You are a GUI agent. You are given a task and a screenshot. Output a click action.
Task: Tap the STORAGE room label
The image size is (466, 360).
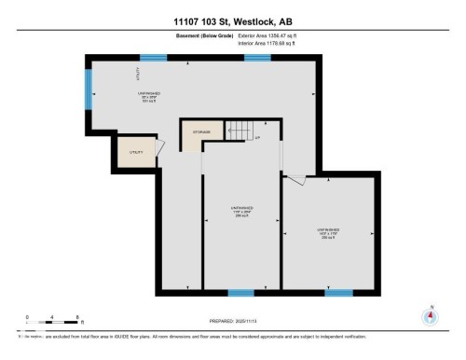(x=201, y=132)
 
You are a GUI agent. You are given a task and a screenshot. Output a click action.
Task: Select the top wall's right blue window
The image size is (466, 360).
(x=257, y=57)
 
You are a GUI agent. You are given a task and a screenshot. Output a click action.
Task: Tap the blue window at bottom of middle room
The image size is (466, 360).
(x=241, y=292)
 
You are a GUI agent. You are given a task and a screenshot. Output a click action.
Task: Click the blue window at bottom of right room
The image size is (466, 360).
(x=339, y=292)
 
